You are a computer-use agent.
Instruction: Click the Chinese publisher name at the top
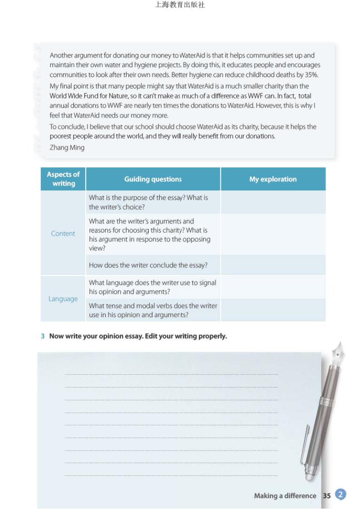pos(180,5)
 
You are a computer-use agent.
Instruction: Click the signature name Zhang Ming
pos(67,147)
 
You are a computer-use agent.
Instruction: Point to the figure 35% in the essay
pos(310,75)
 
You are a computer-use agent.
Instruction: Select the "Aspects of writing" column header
pos(63,179)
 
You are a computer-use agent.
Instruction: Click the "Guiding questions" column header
pos(153,179)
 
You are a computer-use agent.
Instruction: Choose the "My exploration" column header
pos(272,179)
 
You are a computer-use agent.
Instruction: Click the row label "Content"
pos(63,233)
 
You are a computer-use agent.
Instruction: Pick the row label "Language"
pos(63,299)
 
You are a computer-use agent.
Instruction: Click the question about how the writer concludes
pos(148,265)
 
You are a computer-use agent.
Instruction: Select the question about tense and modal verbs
pos(153,310)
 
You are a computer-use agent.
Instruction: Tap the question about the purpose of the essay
pos(148,202)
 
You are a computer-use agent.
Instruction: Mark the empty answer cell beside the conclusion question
pos(272,265)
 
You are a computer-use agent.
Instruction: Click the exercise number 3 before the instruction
pos(43,336)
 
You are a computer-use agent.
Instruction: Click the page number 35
pos(326,496)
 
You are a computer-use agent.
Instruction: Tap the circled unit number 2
pos(341,494)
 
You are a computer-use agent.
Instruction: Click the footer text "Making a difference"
pos(285,496)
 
